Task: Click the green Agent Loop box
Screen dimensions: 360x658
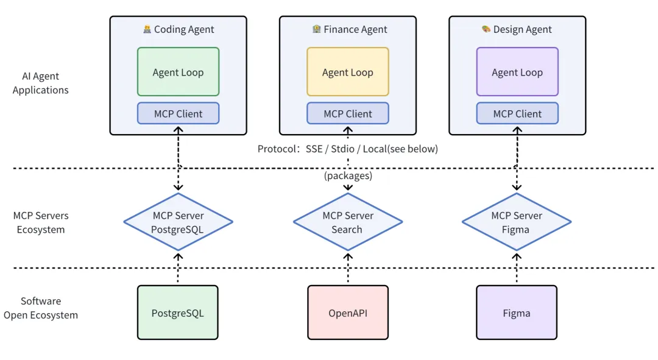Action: [178, 72]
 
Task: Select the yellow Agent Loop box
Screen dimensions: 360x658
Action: [347, 72]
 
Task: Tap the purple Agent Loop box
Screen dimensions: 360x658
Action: [517, 72]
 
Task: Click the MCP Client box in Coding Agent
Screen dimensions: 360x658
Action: [178, 113]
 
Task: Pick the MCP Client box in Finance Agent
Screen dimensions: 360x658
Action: [347, 113]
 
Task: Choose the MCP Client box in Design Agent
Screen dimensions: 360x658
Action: [517, 113]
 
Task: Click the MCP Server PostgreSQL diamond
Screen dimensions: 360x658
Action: [178, 222]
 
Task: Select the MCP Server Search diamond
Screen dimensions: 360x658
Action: [347, 222]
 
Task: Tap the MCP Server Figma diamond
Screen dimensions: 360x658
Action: [517, 222]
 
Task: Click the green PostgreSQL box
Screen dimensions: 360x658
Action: [177, 312]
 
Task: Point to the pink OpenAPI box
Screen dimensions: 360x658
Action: [347, 312]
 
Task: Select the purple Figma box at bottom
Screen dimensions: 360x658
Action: [516, 312]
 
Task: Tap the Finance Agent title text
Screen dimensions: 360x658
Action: [355, 29]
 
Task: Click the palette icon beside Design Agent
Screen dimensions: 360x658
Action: [486, 29]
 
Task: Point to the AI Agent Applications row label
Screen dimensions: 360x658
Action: [41, 83]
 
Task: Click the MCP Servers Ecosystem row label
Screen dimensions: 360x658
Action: [41, 222]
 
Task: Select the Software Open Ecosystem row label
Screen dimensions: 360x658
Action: [41, 308]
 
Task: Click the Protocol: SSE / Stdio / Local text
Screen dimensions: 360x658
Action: [347, 149]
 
